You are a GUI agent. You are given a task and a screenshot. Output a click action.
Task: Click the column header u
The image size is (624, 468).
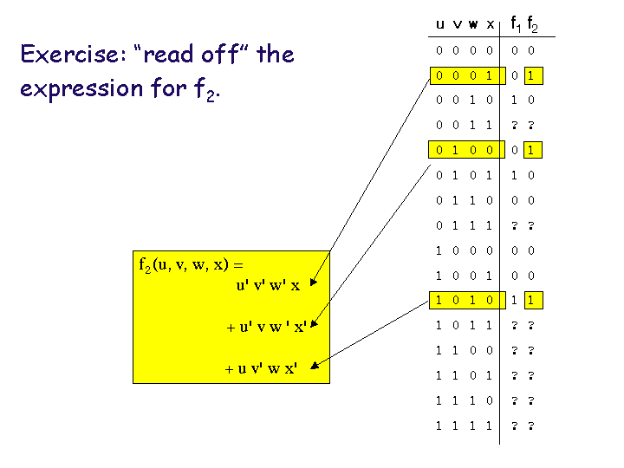coord(440,24)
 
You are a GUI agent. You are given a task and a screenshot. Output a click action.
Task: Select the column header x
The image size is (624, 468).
coord(491,24)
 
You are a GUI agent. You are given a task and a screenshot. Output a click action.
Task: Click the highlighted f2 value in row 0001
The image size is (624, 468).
coord(530,75)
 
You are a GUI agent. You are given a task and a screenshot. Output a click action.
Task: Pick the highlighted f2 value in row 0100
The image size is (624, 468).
coord(530,150)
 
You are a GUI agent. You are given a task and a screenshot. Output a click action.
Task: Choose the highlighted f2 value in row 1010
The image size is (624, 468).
coord(530,301)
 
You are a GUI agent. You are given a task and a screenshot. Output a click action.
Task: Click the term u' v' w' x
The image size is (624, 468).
coord(268,286)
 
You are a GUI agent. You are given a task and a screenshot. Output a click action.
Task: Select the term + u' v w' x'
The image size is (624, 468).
coord(267,327)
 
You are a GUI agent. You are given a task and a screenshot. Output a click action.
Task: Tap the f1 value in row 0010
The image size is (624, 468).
coord(514,101)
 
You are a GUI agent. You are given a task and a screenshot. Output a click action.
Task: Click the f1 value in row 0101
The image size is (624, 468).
coord(514,175)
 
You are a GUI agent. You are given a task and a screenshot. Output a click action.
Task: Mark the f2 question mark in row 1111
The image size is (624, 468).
coord(530,426)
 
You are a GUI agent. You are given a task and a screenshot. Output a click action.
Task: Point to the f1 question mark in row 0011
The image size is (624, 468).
coord(514,126)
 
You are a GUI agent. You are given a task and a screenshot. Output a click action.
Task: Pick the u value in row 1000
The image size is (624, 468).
coord(440,250)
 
